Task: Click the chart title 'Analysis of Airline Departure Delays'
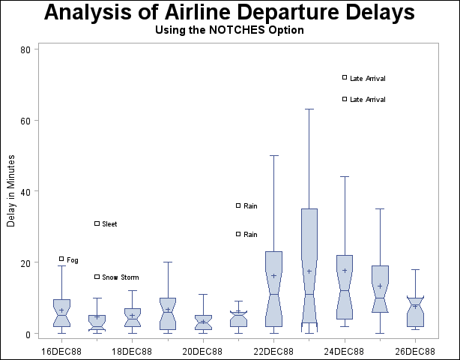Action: [x=229, y=13]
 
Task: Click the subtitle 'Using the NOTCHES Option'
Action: [x=229, y=31]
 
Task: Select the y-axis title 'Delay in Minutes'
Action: [x=11, y=191]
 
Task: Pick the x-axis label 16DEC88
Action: [x=61, y=351]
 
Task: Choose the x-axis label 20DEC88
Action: [x=203, y=351]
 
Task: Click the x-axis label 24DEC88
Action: [x=345, y=351]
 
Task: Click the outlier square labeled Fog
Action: [x=61, y=259]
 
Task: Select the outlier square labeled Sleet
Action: [x=97, y=223]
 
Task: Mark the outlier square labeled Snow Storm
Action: [x=97, y=277]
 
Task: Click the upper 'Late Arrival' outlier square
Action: [x=345, y=77]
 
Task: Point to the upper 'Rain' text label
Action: [x=250, y=205]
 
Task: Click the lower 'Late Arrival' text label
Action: [x=368, y=99]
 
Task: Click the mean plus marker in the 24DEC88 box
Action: [x=345, y=271]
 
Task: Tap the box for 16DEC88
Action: [x=61, y=313]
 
